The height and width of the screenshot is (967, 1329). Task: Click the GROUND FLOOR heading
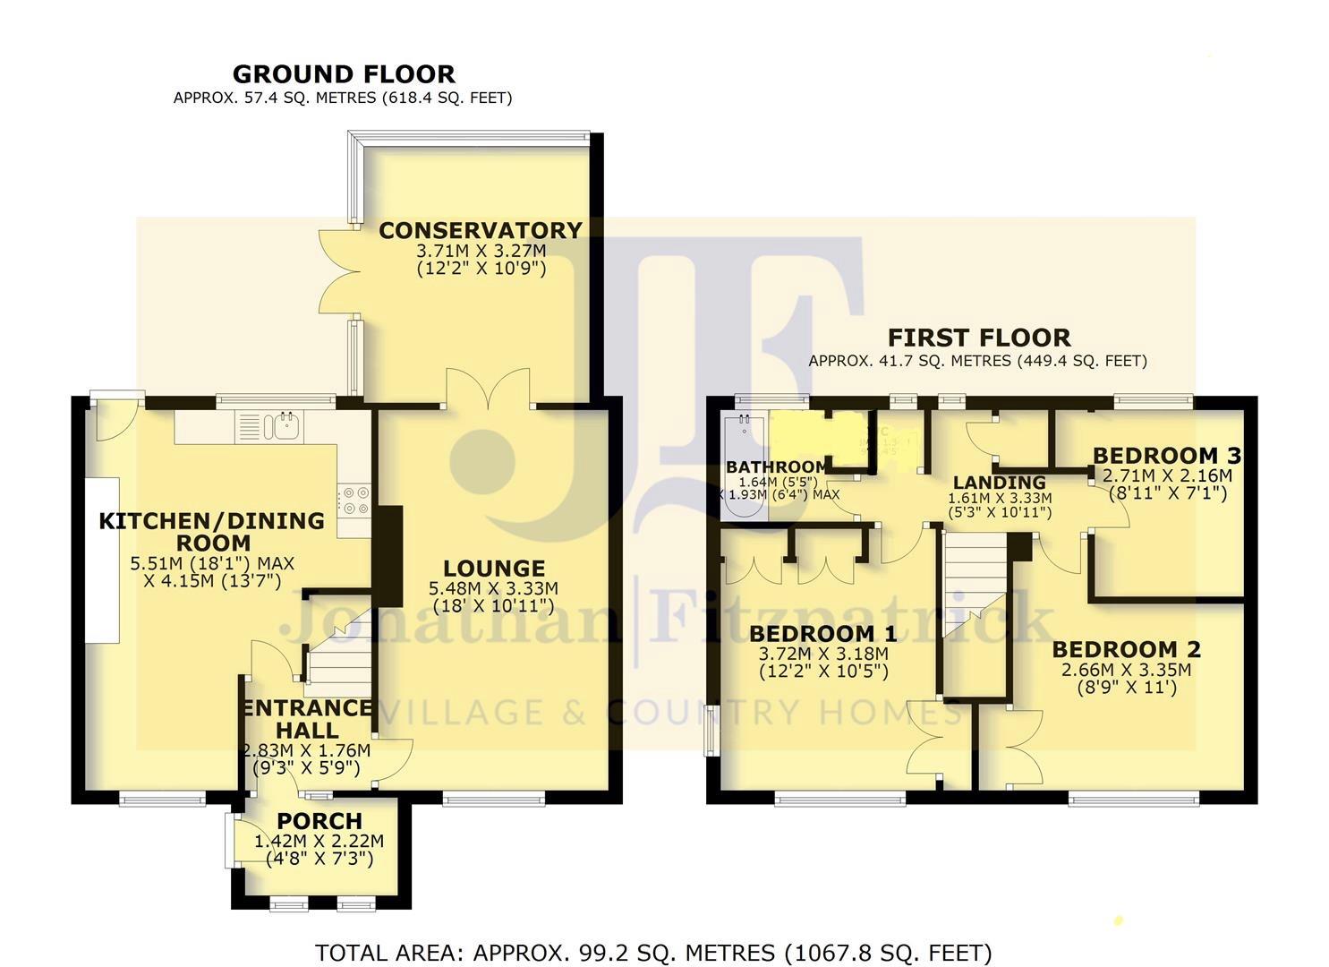[344, 74]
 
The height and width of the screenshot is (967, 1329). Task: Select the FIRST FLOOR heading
[978, 338]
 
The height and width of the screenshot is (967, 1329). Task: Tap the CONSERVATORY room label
[480, 231]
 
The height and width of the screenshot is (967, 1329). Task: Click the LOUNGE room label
[494, 569]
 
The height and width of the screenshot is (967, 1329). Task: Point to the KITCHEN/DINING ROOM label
[211, 532]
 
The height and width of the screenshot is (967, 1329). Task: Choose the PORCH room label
[319, 821]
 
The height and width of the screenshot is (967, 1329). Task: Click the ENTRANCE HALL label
[306, 719]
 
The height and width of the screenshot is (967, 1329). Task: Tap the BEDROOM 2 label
[1126, 649]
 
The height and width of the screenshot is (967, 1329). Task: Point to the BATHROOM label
[776, 467]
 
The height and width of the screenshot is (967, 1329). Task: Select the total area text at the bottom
[653, 953]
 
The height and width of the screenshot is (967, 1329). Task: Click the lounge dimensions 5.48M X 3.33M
[495, 588]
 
